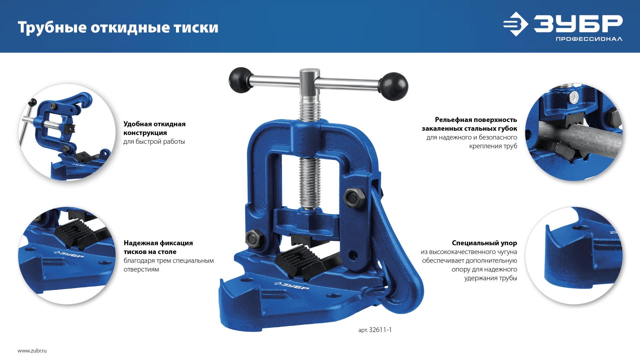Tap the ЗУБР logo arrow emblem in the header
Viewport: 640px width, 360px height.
point(516,24)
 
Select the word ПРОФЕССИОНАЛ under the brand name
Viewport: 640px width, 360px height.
point(589,39)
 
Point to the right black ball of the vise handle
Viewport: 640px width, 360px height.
point(394,86)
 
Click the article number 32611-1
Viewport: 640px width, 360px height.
point(380,330)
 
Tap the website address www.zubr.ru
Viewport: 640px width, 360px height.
point(32,351)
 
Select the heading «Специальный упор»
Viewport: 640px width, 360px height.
point(484,243)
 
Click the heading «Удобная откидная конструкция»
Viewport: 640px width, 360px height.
point(154,128)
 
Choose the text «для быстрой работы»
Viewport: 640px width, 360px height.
point(154,142)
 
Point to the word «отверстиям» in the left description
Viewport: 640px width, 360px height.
point(141,269)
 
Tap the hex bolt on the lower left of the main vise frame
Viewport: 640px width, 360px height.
point(255,238)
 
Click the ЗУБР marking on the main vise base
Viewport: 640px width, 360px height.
point(291,285)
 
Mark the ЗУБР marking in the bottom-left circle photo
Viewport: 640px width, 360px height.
point(69,254)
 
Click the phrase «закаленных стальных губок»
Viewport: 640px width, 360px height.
point(469,129)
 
